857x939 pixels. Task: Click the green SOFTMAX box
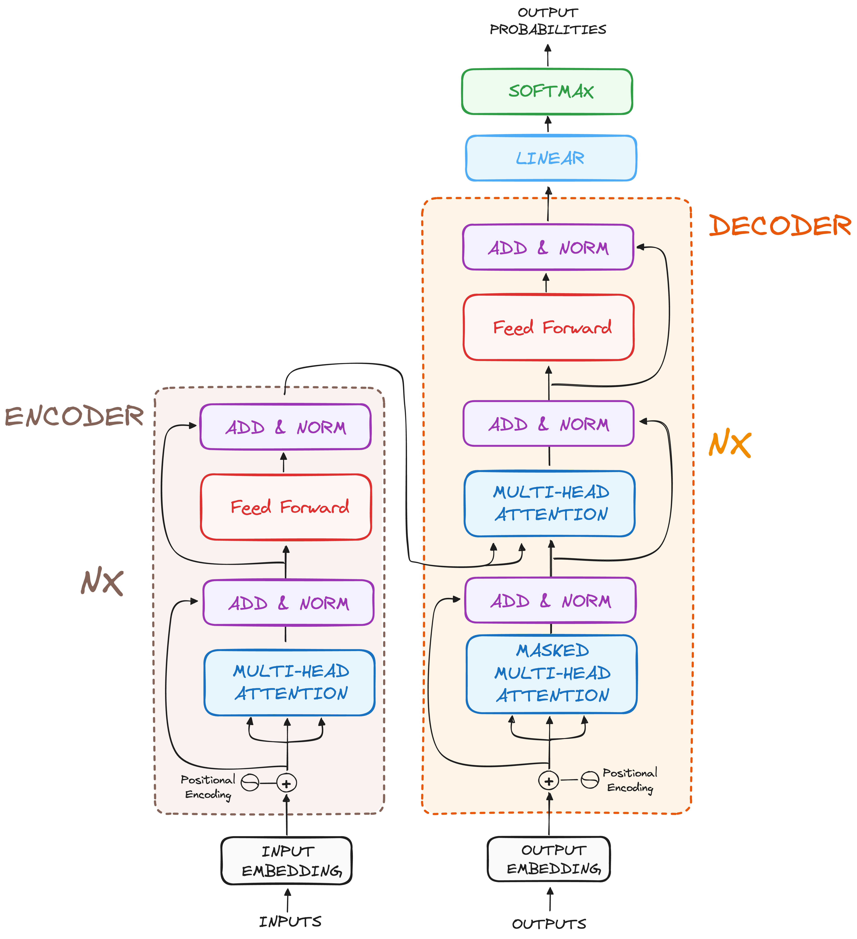coord(547,91)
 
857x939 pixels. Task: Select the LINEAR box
coord(551,158)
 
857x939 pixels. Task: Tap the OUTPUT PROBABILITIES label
coord(548,21)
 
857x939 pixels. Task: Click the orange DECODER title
coord(780,226)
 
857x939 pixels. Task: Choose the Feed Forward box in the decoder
coord(549,327)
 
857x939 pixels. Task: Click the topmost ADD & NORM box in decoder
coord(548,247)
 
